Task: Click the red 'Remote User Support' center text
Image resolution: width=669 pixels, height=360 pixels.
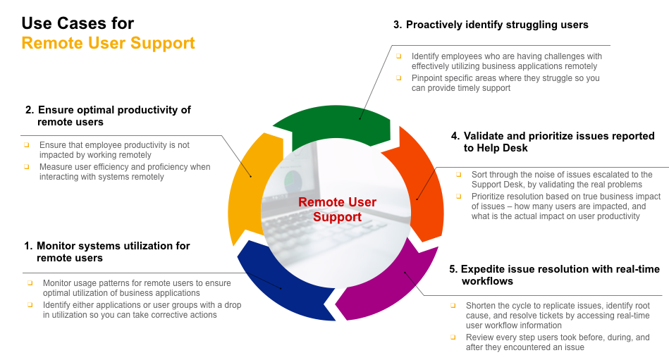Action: tap(337, 209)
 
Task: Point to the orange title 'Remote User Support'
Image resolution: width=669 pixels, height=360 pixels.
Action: tap(109, 43)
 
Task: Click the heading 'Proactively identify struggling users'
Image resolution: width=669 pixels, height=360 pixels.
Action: tap(497, 25)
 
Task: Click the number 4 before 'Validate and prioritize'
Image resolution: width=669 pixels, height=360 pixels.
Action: tap(455, 136)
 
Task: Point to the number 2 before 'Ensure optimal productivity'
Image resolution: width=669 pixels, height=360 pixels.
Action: tap(29, 110)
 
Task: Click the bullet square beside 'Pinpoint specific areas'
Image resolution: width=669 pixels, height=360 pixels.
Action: tap(398, 78)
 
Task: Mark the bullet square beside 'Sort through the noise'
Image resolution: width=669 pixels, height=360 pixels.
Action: tap(459, 175)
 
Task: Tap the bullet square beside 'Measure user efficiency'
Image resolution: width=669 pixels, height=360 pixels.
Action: tap(27, 167)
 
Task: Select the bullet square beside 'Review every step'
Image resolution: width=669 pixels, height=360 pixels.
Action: tap(453, 337)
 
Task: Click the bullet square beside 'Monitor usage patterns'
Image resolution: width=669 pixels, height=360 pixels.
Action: tap(30, 283)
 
